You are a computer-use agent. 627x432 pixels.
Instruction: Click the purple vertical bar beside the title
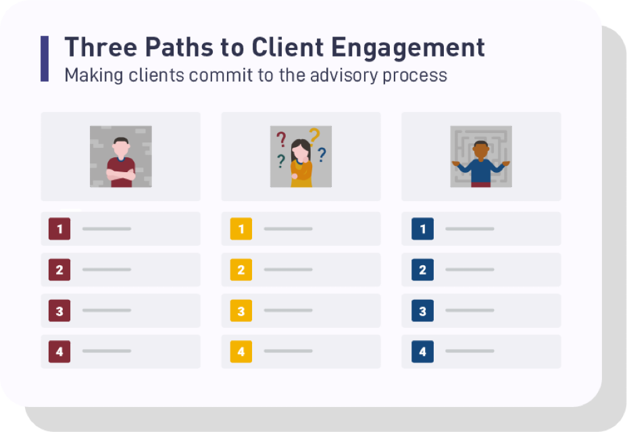tap(45, 59)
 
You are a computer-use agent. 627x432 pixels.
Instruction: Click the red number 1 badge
tap(59, 229)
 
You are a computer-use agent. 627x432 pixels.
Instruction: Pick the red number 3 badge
tap(59, 311)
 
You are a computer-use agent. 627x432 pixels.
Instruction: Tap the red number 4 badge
tap(59, 352)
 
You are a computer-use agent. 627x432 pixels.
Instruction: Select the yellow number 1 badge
tap(241, 229)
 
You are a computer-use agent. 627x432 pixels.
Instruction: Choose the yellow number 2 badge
tap(241, 270)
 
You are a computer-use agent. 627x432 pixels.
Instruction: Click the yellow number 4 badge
tap(241, 352)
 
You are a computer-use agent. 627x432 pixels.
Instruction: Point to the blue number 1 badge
tap(423, 229)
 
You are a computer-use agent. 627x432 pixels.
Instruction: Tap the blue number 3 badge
tap(423, 311)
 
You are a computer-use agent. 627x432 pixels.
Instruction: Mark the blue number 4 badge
tap(423, 352)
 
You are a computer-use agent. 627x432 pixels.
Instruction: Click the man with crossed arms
tap(121, 162)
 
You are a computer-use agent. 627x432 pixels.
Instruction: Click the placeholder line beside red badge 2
tap(107, 270)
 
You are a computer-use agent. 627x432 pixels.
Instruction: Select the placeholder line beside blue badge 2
tap(470, 270)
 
